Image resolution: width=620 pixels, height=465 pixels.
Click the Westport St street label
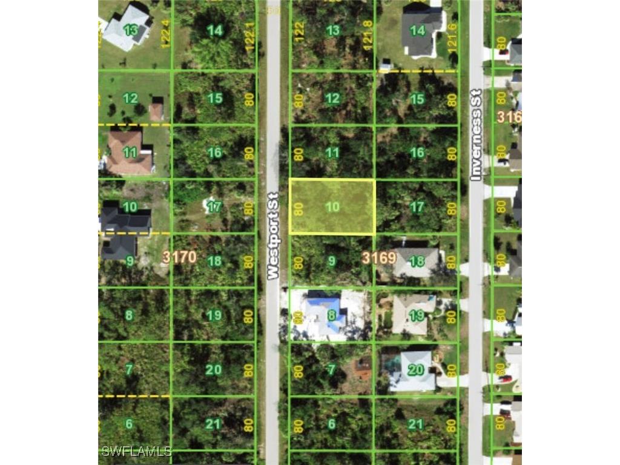point(273,236)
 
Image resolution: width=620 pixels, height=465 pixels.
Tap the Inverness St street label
point(476,135)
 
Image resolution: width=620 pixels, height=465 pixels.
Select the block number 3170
point(179,257)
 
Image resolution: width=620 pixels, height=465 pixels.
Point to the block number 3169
point(379,258)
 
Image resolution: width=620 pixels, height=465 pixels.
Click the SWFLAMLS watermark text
point(137,452)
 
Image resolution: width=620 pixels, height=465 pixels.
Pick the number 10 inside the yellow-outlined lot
point(332,207)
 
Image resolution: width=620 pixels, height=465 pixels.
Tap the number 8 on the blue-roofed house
point(332,315)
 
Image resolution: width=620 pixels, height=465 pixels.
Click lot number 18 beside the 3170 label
point(214,262)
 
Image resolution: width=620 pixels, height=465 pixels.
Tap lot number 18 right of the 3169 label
point(417,261)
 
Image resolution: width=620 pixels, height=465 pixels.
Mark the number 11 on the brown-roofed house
point(130,153)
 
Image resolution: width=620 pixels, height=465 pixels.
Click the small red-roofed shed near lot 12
point(156,111)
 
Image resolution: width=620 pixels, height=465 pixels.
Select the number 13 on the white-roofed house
point(130,30)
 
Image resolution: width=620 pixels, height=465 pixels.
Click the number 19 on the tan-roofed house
point(417,315)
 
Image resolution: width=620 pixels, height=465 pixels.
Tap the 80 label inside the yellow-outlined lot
point(298,208)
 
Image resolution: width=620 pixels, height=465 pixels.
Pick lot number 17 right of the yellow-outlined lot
point(417,207)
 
